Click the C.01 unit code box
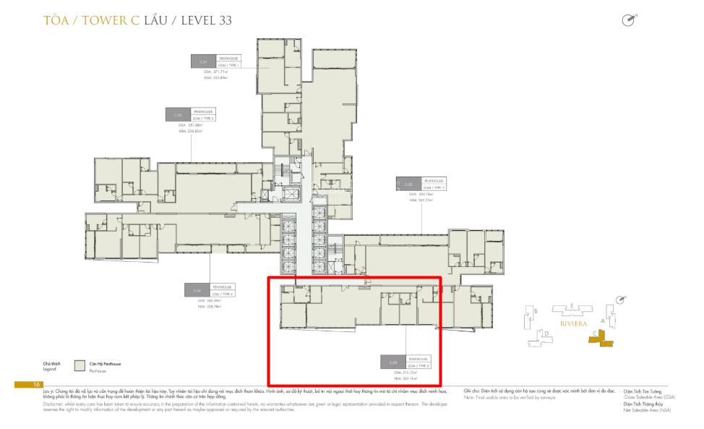(x=203, y=61)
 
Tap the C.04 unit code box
(x=197, y=291)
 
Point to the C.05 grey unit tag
(x=393, y=362)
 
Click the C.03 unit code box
(x=408, y=184)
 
